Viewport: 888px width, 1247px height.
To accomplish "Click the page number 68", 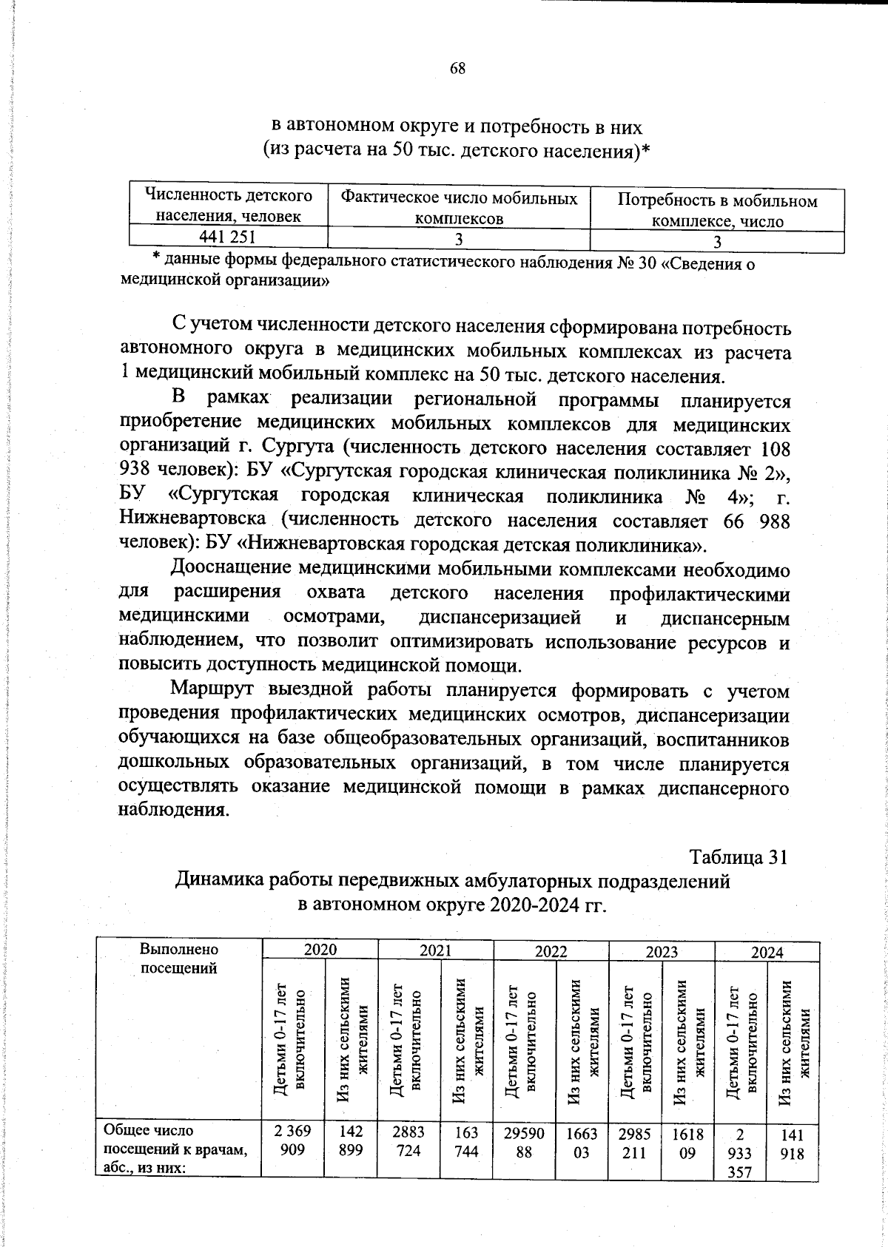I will tap(457, 68).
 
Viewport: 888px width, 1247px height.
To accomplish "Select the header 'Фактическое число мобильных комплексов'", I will tap(458, 208).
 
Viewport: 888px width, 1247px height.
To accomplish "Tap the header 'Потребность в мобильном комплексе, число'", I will tap(716, 211).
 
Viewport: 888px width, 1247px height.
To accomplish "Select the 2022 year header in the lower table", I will tap(551, 951).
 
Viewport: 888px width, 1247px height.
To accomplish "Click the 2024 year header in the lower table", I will tap(767, 952).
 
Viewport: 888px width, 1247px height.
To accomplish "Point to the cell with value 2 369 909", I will tap(292, 1141).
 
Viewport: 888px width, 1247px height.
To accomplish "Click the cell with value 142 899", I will tap(351, 1141).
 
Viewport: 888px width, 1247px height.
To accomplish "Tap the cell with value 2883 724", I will tap(408, 1141).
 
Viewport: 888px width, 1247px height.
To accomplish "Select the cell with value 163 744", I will tap(466, 1141).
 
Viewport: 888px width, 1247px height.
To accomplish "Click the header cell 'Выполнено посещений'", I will tap(179, 958).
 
